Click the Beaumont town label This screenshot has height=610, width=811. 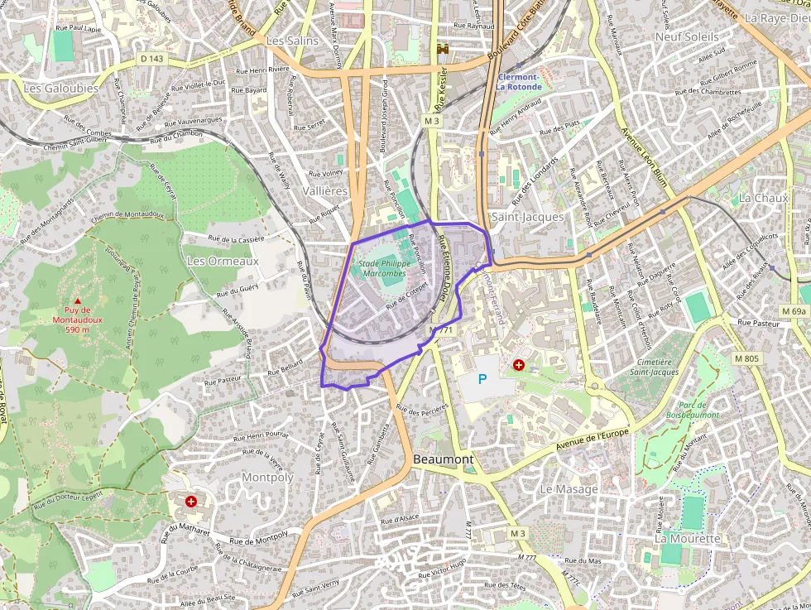[444, 459]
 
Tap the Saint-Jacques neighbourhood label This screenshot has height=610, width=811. [527, 217]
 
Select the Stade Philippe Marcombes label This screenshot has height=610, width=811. [382, 267]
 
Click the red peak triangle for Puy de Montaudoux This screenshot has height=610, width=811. [78, 301]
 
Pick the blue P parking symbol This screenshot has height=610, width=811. [482, 378]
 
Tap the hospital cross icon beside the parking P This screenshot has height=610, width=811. [519, 364]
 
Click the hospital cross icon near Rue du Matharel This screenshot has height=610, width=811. [191, 501]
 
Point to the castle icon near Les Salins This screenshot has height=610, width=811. [443, 49]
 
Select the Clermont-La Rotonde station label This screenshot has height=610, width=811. [519, 82]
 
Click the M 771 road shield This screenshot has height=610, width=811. [442, 330]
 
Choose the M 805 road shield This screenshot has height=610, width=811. [746, 358]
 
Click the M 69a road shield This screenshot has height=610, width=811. [793, 310]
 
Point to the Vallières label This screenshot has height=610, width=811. [325, 191]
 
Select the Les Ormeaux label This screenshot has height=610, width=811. [223, 261]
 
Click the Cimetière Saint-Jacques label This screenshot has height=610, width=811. [654, 367]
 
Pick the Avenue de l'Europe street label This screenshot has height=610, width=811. [593, 440]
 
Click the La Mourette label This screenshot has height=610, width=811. [688, 538]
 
